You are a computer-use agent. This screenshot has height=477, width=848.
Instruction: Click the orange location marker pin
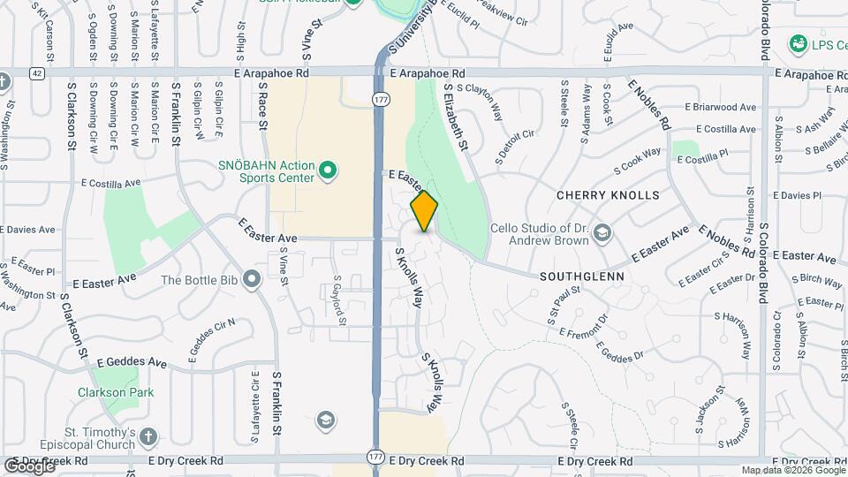coord(424,210)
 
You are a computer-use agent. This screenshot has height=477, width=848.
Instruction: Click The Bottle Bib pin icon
coord(252,280)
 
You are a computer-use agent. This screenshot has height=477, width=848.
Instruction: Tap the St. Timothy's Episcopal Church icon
coord(148,436)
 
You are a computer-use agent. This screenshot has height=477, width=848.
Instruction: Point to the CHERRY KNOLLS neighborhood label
coord(608,194)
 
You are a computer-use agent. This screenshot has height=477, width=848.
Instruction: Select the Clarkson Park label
coord(116,393)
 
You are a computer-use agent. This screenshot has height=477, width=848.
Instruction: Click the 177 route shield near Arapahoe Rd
coord(380,99)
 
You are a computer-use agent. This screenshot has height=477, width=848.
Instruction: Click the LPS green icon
coord(799,42)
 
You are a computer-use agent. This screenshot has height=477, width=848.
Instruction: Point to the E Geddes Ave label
coord(132,362)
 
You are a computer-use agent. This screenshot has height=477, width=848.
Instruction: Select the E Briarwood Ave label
coord(720,108)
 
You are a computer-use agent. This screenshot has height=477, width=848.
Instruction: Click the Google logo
coord(29,466)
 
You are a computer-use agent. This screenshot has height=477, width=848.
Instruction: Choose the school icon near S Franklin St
coord(325,420)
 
